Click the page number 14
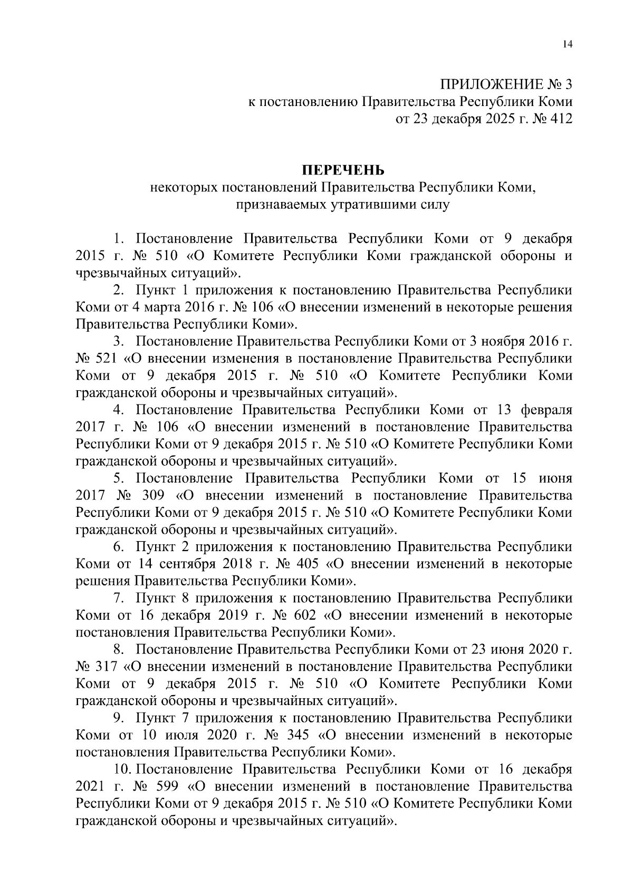click(x=567, y=45)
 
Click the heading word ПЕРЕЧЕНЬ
click(x=343, y=170)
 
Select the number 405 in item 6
click(x=307, y=564)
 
